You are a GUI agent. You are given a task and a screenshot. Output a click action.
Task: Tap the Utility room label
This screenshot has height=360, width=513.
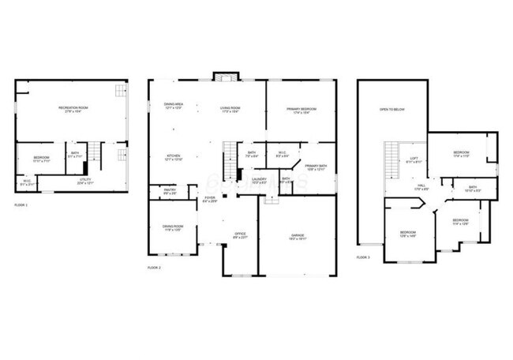[x=86, y=181]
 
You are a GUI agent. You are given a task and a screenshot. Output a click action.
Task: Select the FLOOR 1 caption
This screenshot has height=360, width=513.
[x=21, y=205]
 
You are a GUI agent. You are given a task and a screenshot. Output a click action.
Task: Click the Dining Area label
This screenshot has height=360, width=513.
[x=174, y=106]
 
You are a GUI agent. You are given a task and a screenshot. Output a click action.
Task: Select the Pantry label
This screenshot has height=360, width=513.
[x=169, y=191]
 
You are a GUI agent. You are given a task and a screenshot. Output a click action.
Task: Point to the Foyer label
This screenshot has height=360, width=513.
[x=209, y=199]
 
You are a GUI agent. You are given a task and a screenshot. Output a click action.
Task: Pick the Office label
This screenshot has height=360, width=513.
[x=241, y=235]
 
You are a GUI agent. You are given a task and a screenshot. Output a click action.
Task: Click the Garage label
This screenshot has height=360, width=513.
[x=298, y=236]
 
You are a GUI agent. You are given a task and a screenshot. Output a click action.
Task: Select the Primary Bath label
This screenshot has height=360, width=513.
[x=316, y=167]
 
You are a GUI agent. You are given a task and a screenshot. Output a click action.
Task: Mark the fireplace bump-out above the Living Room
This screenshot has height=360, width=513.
[x=225, y=77]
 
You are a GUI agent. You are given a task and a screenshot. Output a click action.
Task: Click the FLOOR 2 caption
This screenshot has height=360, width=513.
[x=154, y=268]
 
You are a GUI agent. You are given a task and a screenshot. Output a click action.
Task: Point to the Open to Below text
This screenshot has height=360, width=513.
[x=391, y=109]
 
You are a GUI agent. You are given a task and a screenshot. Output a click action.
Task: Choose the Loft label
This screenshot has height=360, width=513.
[x=414, y=159]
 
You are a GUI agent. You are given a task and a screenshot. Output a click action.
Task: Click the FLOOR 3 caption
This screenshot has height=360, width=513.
[x=363, y=257]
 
